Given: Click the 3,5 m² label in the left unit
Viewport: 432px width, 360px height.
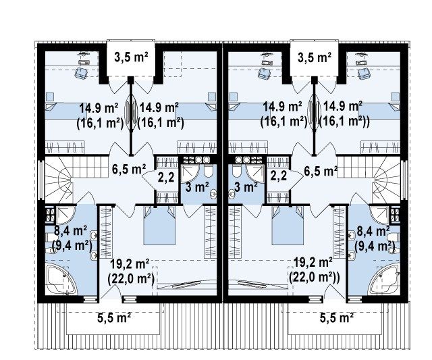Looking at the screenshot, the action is coord(131,58).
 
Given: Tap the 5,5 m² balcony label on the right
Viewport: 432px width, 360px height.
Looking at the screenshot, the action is coord(337,318).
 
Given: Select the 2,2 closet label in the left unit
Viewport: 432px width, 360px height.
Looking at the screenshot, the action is coord(166,177).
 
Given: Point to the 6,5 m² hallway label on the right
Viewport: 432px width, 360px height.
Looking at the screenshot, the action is coord(321,171).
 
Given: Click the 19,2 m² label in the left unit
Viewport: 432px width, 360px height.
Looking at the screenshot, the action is coord(130,264).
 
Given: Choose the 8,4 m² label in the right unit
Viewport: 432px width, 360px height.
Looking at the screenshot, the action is coord(373,231).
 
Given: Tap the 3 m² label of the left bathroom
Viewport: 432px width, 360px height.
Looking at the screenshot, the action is coord(197,187).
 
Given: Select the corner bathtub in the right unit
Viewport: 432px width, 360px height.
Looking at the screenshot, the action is coord(383,279).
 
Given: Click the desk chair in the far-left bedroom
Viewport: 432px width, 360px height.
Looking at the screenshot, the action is coord(81,73).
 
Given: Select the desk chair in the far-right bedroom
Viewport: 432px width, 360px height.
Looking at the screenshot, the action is coord(364,73).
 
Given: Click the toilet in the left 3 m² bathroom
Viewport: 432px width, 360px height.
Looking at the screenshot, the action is coord(209,172).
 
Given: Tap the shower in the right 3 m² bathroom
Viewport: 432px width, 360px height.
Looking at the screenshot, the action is coord(255,173).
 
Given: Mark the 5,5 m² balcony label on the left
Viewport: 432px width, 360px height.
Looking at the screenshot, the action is coord(114,318).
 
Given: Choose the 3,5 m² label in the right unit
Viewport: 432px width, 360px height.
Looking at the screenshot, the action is coord(315,58).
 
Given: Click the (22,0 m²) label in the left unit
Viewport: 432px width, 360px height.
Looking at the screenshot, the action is coord(130,279).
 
